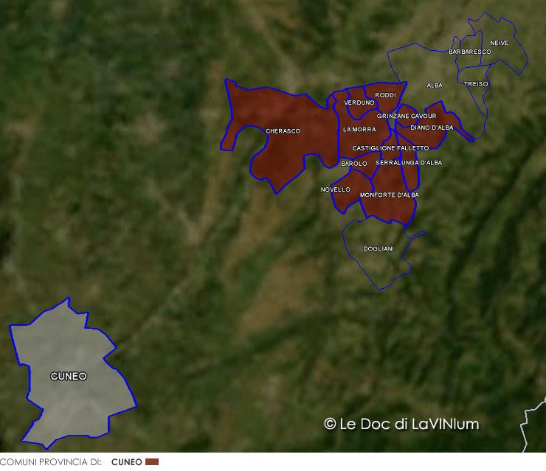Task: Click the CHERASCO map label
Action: point(283,131)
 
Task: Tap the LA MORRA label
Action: point(359,130)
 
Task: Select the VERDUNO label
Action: point(359,102)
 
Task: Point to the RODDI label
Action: point(385,95)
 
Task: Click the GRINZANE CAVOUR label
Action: point(406,116)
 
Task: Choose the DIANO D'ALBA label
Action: point(432,128)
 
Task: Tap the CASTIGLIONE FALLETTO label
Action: point(390,148)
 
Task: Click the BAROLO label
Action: point(354,164)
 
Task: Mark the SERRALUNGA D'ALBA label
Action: point(409,163)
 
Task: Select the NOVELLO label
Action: point(336,189)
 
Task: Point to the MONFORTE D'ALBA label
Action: point(389,195)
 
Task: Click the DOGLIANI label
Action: point(379,249)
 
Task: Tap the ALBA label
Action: point(435,86)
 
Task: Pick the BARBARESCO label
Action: point(469,52)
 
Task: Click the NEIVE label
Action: point(499,43)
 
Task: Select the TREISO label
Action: point(476,84)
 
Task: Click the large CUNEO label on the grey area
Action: point(69,377)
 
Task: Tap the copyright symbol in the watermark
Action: point(330,424)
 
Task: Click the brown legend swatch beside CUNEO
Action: point(152,461)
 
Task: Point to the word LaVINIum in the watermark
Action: point(446,424)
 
